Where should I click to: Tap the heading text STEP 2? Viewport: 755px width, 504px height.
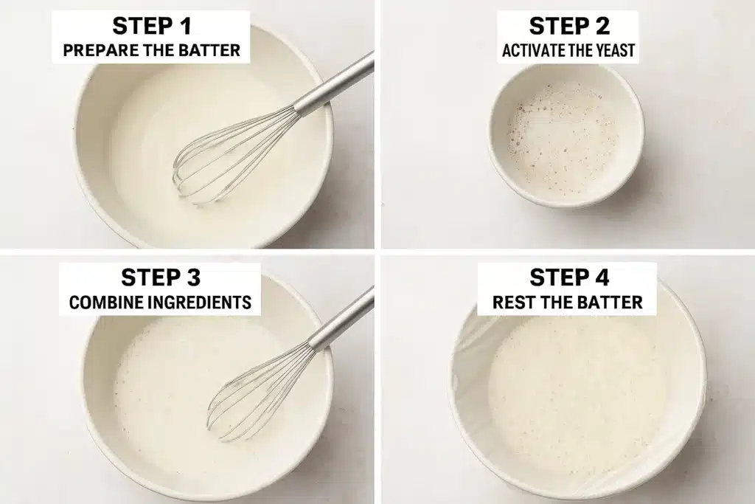(568, 26)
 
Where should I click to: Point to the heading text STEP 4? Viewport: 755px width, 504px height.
(568, 277)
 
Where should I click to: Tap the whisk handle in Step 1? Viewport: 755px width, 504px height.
(335, 85)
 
